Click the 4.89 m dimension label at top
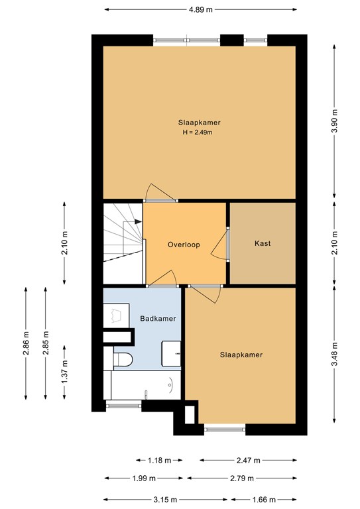[x=200, y=10]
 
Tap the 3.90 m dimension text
[x=334, y=122]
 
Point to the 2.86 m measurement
[x=26, y=343]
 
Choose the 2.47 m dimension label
[x=247, y=460]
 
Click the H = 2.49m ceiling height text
[x=199, y=133]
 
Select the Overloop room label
[x=184, y=244]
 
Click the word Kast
[x=263, y=244]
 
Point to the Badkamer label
[x=158, y=319]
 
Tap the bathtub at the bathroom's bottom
[x=142, y=384]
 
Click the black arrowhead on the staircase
[x=137, y=221]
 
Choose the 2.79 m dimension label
[x=241, y=479]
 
